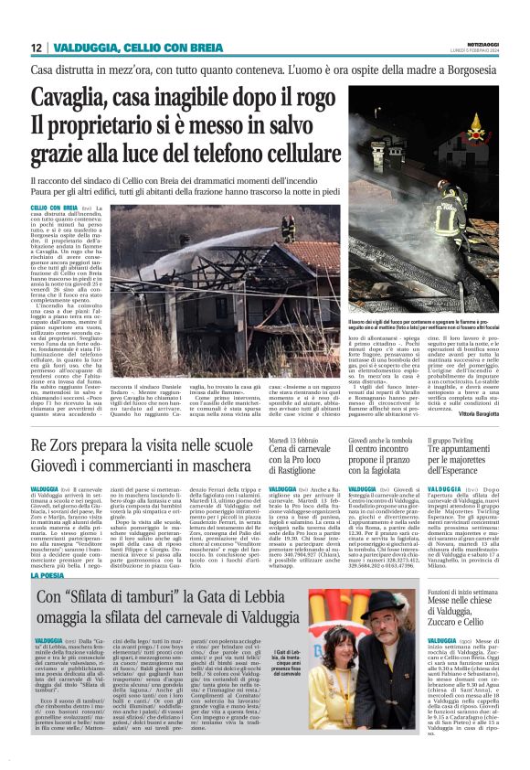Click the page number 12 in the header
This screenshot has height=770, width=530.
[x=36, y=47]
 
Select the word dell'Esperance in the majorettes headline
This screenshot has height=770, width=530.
[x=461, y=475]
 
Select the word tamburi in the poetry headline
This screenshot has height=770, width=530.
[x=144, y=597]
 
